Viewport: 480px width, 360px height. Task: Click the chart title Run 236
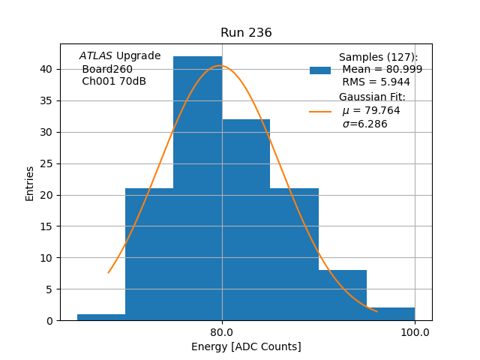(x=246, y=33)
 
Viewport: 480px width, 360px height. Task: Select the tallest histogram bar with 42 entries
(x=197, y=187)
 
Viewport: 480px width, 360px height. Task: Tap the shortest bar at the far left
(x=101, y=317)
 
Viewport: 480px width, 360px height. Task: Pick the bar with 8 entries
(x=343, y=295)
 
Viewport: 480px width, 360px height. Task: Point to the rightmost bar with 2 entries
(x=391, y=314)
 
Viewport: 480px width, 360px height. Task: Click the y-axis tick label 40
(x=46, y=69)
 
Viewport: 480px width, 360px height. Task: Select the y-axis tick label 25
(x=46, y=163)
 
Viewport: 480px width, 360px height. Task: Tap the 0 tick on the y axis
(x=49, y=320)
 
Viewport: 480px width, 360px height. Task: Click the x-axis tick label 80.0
(x=222, y=331)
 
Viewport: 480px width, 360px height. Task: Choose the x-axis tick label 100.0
(x=415, y=331)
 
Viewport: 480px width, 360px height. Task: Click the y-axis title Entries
(x=30, y=183)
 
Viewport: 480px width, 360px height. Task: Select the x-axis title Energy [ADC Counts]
(x=246, y=346)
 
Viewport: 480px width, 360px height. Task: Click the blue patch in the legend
(x=320, y=70)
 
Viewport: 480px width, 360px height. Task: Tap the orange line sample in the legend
(x=320, y=112)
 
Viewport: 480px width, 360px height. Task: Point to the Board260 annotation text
(x=105, y=69)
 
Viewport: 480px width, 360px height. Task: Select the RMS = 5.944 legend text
(x=376, y=82)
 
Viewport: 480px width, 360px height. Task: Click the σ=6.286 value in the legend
(x=364, y=124)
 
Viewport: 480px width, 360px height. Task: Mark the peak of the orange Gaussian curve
(x=220, y=66)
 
